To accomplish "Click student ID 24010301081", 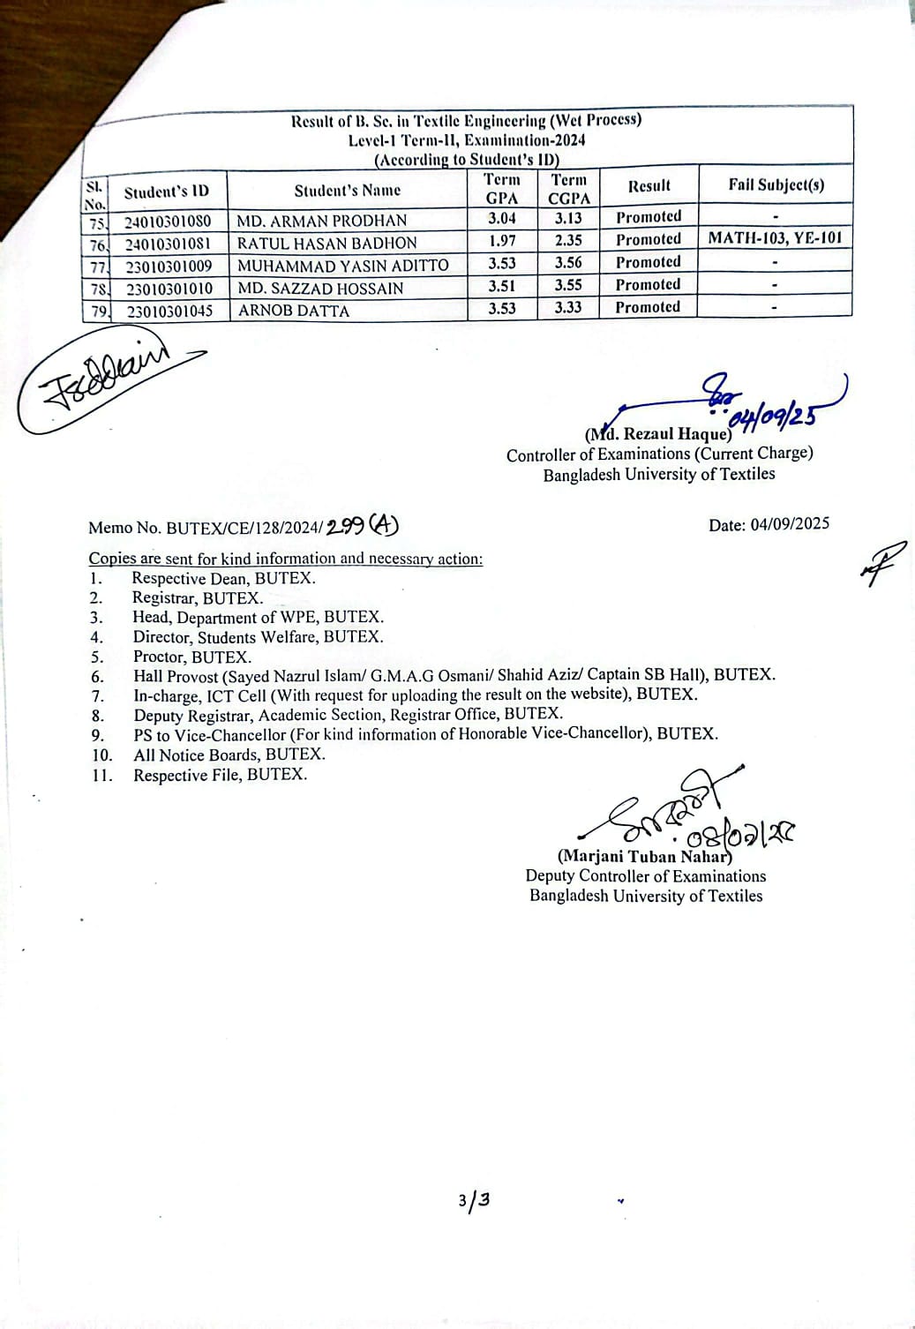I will click(x=168, y=244).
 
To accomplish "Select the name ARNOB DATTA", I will click(x=294, y=311).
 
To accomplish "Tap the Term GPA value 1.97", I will click(x=502, y=241).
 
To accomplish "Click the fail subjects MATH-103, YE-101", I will click(x=775, y=237).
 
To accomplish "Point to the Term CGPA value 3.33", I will click(x=568, y=307).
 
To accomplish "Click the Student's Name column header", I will click(x=347, y=191).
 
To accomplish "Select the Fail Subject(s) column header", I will click(x=776, y=184).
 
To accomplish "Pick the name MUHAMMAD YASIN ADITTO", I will click(x=342, y=266).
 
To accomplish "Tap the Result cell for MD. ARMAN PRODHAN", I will click(x=649, y=217).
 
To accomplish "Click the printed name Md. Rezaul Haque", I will click(x=658, y=434).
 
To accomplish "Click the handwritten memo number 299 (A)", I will click(x=362, y=526).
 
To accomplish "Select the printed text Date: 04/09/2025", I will click(x=769, y=524).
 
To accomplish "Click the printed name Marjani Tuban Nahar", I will click(x=644, y=856).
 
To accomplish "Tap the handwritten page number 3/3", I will click(x=474, y=1200).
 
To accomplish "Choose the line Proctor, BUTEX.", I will click(x=192, y=657).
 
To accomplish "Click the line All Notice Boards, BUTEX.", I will click(x=229, y=755).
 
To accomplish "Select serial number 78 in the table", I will click(x=96, y=289).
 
